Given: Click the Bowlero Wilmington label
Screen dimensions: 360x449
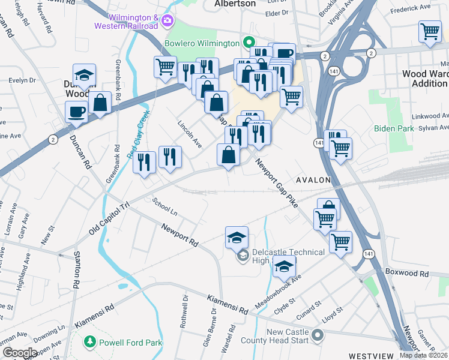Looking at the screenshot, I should [203, 43].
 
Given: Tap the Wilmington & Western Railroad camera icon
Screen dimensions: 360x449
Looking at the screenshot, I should [167, 22].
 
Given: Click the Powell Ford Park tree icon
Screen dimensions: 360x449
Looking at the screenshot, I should [89, 342].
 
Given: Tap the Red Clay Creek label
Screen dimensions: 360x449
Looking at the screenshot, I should [138, 134].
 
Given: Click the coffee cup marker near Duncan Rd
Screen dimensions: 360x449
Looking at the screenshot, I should [77, 111].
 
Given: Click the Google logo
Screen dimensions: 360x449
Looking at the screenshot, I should [20, 353].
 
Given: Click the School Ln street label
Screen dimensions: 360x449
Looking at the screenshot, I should [165, 207].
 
